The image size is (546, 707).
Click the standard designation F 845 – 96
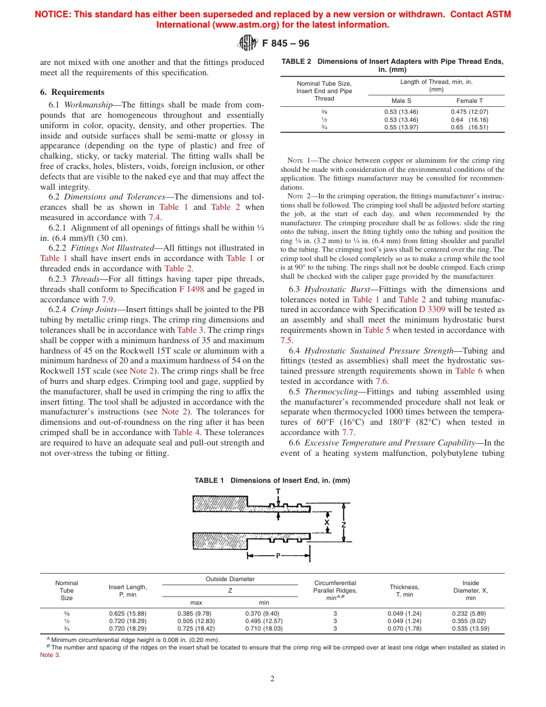point(286,44)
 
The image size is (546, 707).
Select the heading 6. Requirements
point(72,92)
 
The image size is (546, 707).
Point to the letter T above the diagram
point(278,491)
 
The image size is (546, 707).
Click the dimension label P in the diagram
point(278,556)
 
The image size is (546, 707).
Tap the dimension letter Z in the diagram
point(344,524)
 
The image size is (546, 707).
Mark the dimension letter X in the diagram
point(326,523)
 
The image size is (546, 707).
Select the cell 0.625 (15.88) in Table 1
point(128,613)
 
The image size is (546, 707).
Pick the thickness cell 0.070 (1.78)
point(404,629)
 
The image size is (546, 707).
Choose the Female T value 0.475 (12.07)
point(469,112)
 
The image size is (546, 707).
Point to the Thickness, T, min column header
point(404,590)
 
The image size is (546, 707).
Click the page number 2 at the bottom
point(272,678)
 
